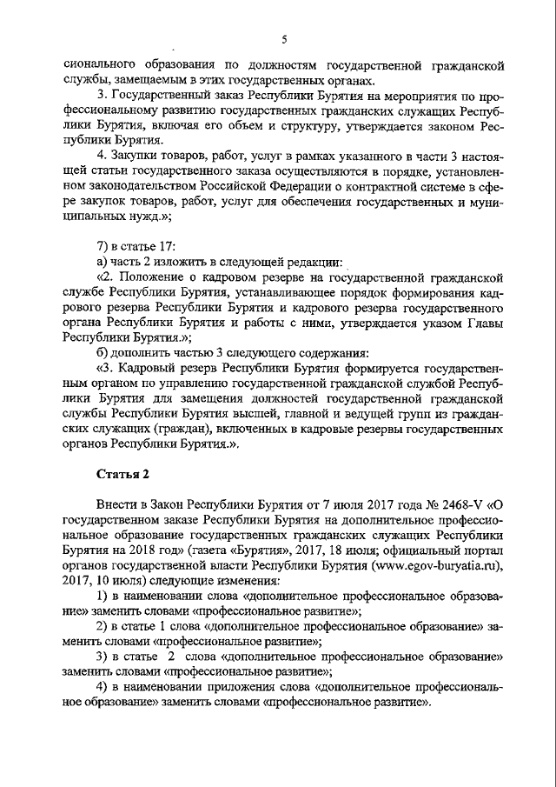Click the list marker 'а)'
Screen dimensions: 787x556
pyautogui.click(x=102, y=261)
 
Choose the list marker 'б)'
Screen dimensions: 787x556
pyautogui.click(x=103, y=352)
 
